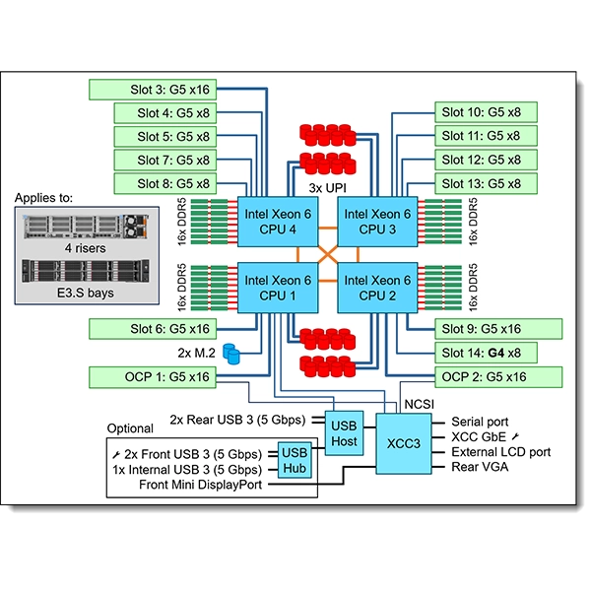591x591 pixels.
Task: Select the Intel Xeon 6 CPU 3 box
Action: coord(377,222)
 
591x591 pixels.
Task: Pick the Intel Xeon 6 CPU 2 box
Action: coord(377,287)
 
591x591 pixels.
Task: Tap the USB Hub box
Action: coord(295,460)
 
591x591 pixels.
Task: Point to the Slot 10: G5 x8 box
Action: coord(487,111)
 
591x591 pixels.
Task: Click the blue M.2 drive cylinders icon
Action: coord(232,352)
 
